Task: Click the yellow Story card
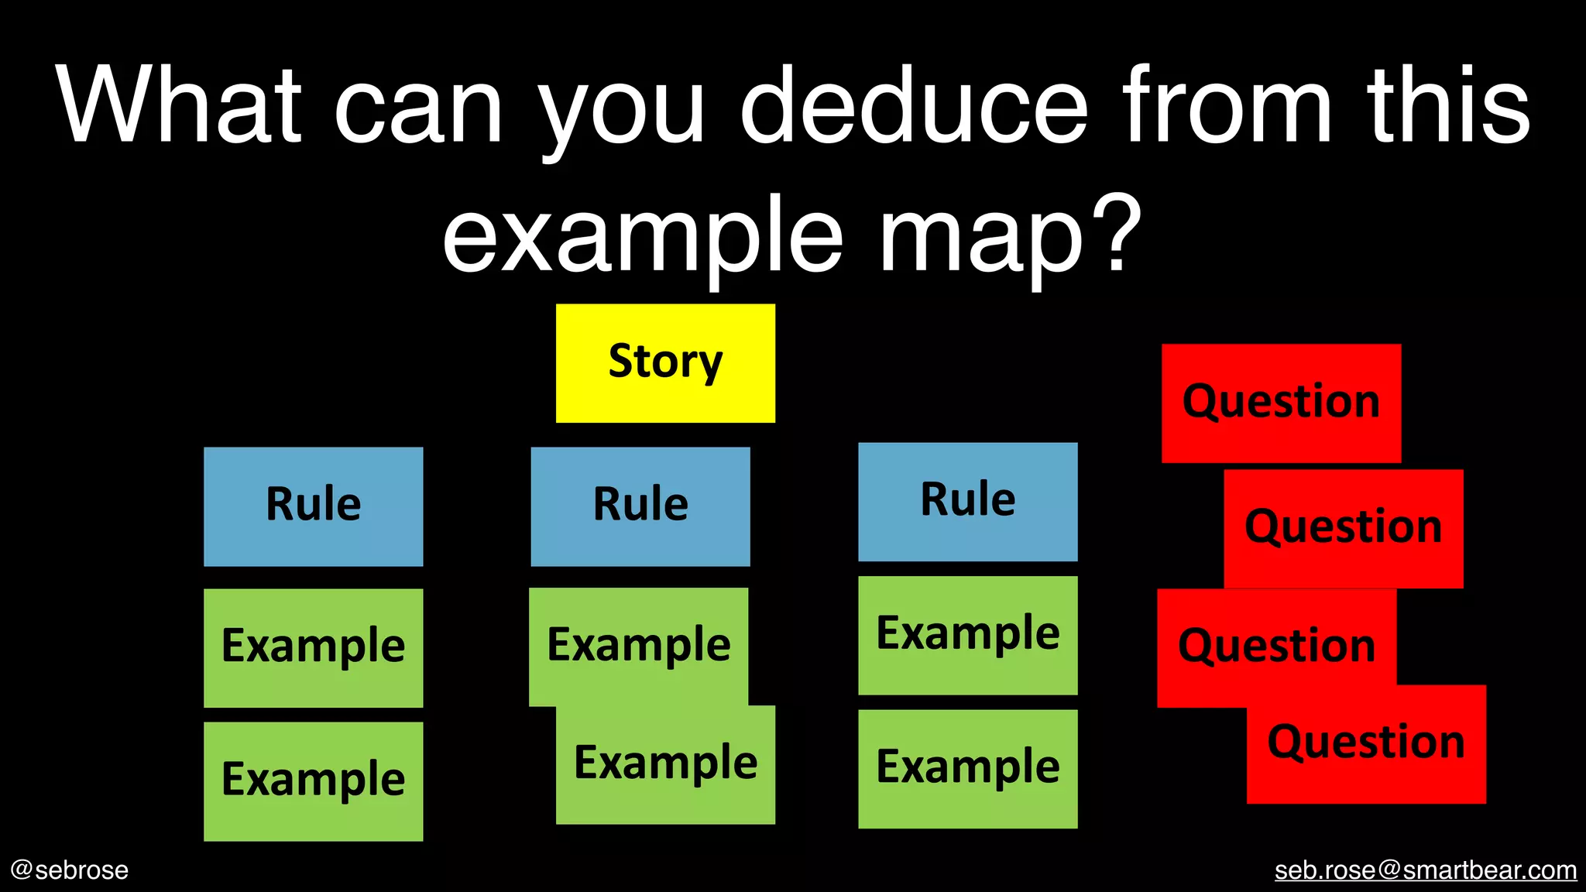(665, 362)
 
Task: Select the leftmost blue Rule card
(313, 506)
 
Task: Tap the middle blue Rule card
(640, 506)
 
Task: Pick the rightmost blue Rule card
(967, 501)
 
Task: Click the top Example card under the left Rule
(313, 647)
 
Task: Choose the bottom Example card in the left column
(313, 780)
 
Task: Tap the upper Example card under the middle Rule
(638, 645)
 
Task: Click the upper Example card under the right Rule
(967, 635)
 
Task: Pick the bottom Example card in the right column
(967, 768)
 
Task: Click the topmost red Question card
(1281, 403)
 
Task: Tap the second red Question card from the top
(1343, 528)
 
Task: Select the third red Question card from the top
(1276, 647)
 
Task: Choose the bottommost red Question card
(1366, 743)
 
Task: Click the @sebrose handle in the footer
(70, 870)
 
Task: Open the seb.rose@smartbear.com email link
(1425, 870)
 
